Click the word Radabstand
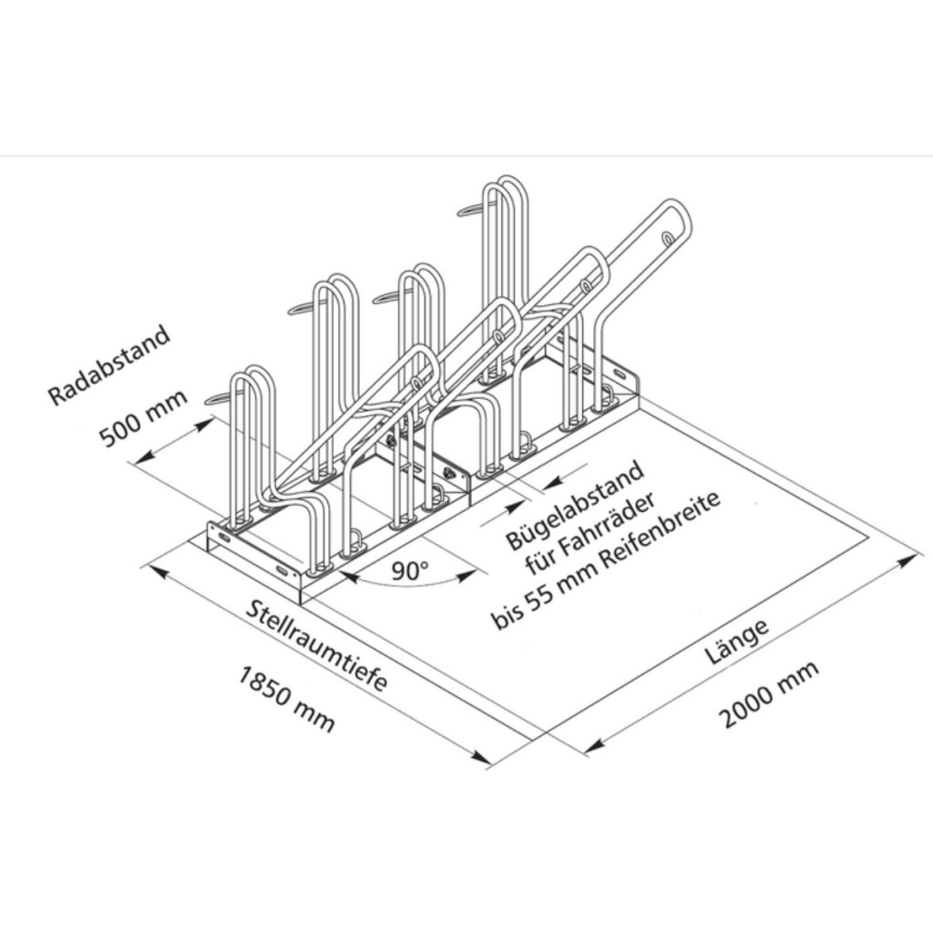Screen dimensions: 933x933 110,364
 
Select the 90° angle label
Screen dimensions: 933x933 409,570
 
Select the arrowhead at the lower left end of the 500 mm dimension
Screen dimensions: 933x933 139,463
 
